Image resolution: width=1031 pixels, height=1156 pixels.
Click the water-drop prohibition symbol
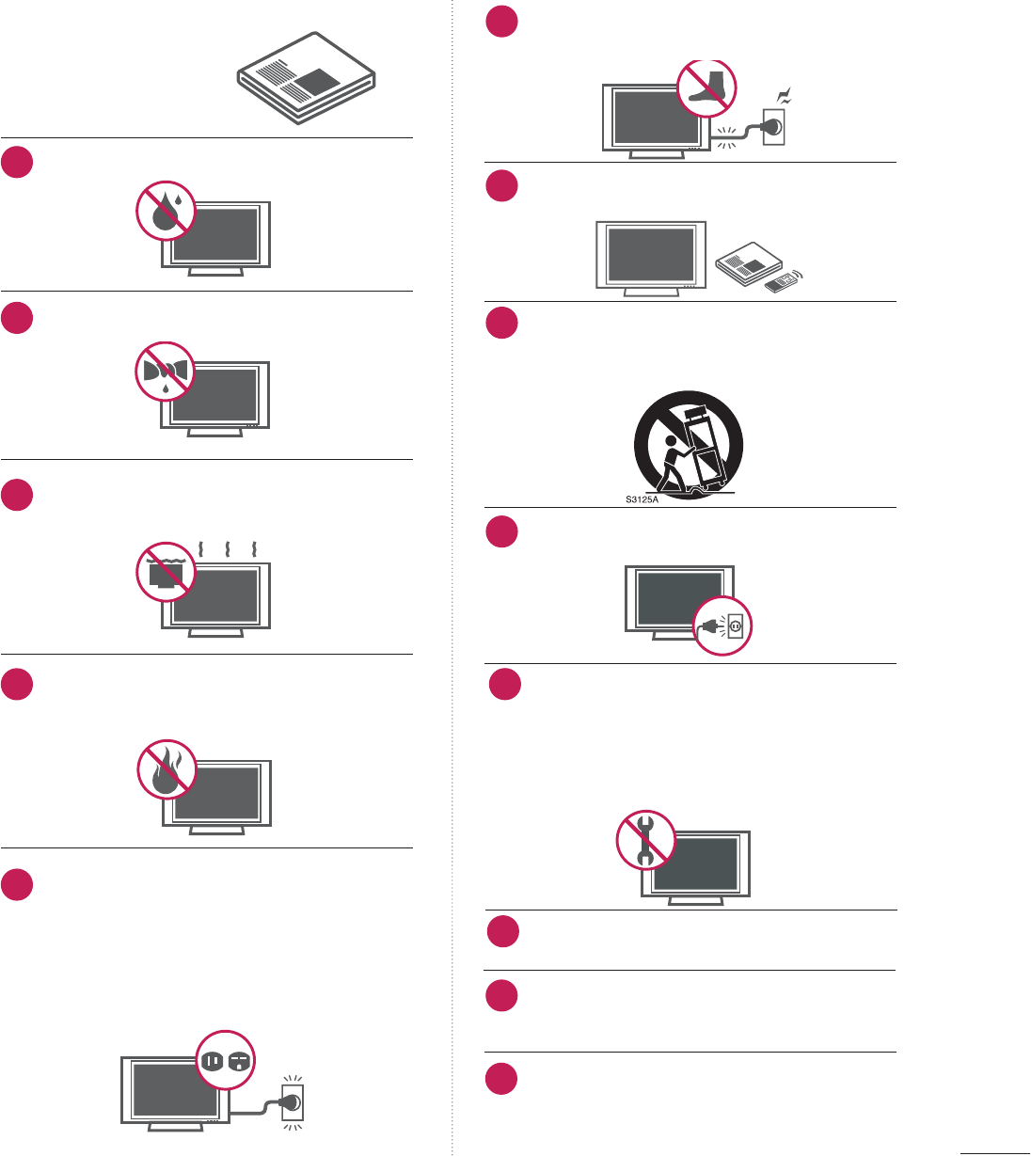click(x=165, y=212)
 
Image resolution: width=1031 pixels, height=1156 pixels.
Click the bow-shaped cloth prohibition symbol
click(x=165, y=371)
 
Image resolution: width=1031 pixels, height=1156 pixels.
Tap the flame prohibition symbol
click(x=167, y=768)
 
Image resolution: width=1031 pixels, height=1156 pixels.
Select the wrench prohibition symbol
click(x=646, y=839)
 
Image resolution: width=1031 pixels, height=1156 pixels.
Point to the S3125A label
click(x=642, y=499)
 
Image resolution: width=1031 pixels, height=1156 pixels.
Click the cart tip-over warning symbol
click(x=689, y=445)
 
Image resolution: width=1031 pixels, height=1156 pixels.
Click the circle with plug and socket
click(x=722, y=626)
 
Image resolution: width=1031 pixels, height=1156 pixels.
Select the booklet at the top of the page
click(x=307, y=77)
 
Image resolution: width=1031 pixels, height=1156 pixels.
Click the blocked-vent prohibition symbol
click(x=167, y=571)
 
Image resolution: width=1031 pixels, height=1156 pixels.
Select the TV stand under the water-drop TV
click(x=216, y=272)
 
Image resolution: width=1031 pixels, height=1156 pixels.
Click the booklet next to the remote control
click(x=748, y=262)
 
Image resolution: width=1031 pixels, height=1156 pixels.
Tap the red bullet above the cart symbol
click(x=502, y=323)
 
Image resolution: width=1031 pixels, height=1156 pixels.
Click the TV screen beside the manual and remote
click(x=651, y=254)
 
